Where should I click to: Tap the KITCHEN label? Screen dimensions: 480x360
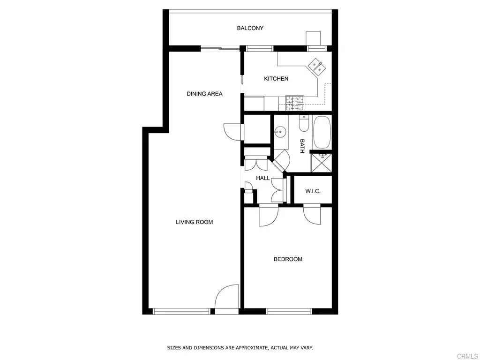pyautogui.click(x=276, y=79)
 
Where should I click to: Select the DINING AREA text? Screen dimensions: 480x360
pyautogui.click(x=204, y=94)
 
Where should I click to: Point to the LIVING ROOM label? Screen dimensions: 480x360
pyautogui.click(x=194, y=222)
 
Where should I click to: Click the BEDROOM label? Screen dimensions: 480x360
pyautogui.click(x=288, y=259)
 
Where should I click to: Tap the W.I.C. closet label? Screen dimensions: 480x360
pyautogui.click(x=313, y=191)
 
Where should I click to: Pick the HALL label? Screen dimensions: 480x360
pyautogui.click(x=263, y=178)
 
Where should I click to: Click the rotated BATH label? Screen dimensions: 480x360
pyautogui.click(x=302, y=146)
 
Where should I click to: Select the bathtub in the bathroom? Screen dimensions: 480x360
pyautogui.click(x=322, y=132)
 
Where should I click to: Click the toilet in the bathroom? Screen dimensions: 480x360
pyautogui.click(x=304, y=124)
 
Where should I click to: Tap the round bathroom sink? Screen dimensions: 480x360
pyautogui.click(x=280, y=132)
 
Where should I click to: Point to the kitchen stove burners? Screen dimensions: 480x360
pyautogui.click(x=295, y=103)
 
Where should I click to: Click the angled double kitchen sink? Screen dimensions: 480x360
pyautogui.click(x=316, y=67)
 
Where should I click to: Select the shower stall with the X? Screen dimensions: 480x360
pyautogui.click(x=322, y=163)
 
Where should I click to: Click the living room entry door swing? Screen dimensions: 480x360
pyautogui.click(x=227, y=297)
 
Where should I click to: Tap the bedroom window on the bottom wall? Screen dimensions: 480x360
pyautogui.click(x=289, y=311)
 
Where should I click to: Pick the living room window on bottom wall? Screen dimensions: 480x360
pyautogui.click(x=181, y=311)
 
